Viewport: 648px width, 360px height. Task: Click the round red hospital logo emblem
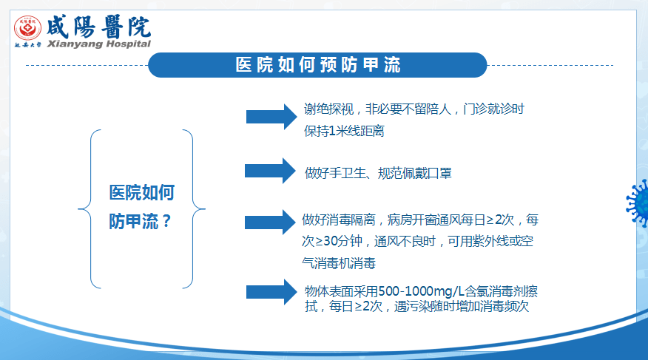(27, 28)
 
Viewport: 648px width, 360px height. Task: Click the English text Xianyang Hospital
(99, 44)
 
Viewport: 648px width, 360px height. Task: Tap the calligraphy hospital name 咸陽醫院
(99, 27)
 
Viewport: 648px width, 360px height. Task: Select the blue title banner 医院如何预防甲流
(317, 65)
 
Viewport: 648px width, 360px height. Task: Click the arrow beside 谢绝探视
(271, 117)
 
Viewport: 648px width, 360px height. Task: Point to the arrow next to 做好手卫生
(270, 171)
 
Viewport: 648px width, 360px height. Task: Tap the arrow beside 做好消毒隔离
(270, 222)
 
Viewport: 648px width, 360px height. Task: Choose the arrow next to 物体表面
(271, 292)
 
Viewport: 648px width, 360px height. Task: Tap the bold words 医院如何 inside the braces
(142, 192)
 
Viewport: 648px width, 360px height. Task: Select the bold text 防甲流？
(140, 221)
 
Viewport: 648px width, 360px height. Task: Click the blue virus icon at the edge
(638, 203)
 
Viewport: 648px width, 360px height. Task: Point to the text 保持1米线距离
(344, 131)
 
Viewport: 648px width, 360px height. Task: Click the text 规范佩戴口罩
(414, 173)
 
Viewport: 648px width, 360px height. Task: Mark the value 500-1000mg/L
(421, 291)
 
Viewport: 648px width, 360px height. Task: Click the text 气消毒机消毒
(339, 263)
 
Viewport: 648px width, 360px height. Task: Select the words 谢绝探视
(328, 109)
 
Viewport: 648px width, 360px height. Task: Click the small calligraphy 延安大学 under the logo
(28, 44)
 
